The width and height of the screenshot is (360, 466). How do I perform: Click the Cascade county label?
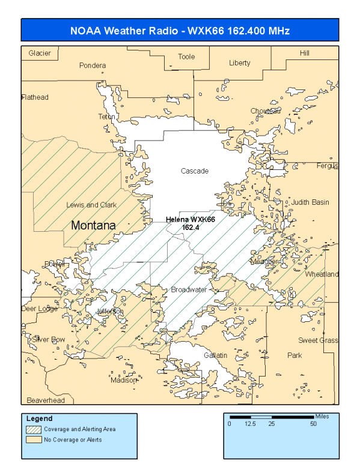click(195, 171)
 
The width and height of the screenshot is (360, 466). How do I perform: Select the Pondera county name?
click(93, 65)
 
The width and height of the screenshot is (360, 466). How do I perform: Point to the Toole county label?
click(186, 57)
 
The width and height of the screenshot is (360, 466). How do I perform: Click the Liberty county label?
click(240, 63)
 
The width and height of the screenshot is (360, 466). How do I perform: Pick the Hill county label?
click(305, 53)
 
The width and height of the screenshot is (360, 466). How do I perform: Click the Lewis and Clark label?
click(91, 205)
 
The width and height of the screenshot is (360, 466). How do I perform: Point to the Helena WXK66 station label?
click(191, 223)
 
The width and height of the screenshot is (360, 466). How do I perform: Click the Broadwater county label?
click(189, 290)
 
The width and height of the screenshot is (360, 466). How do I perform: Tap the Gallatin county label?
click(215, 356)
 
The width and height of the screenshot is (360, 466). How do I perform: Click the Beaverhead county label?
click(46, 400)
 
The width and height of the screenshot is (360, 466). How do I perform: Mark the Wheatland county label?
click(322, 274)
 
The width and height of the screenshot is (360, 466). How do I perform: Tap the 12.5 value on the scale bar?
click(250, 424)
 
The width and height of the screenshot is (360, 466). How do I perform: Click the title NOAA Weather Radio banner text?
click(180, 30)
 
